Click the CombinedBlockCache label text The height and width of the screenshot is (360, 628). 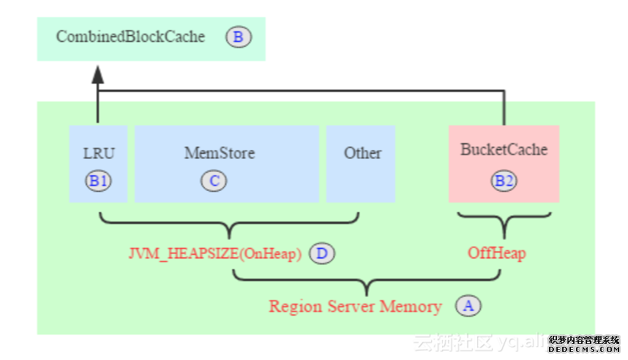pyautogui.click(x=130, y=36)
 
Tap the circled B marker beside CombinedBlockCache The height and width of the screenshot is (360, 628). pyautogui.click(x=238, y=37)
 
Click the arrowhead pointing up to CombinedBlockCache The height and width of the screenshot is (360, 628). pyautogui.click(x=97, y=73)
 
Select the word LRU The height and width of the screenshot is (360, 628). pyautogui.click(x=99, y=154)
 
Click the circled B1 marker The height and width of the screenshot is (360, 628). pyautogui.click(x=98, y=181)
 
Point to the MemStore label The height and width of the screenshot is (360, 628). pyautogui.click(x=219, y=153)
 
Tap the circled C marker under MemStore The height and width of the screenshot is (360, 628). pyautogui.click(x=214, y=181)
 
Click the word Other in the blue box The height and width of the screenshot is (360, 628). pyautogui.click(x=362, y=153)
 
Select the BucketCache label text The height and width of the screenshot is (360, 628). pyautogui.click(x=504, y=149)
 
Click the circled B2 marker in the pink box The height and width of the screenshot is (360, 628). pyautogui.click(x=504, y=181)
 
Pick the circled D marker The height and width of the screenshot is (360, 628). pyautogui.click(x=321, y=254)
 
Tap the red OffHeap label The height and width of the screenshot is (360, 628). pyautogui.click(x=497, y=254)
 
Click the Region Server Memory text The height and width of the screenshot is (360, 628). pyautogui.click(x=355, y=306)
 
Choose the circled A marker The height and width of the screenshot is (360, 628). pyautogui.click(x=468, y=305)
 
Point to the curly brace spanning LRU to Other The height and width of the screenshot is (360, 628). pyautogui.click(x=229, y=223)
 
